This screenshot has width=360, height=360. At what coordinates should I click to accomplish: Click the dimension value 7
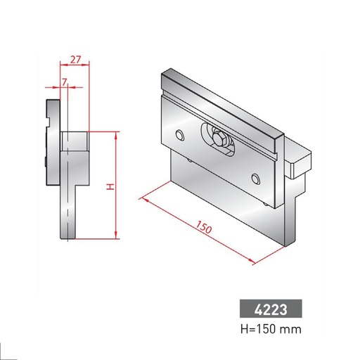[65, 82]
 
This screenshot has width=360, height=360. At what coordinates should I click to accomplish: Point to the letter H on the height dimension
[108, 187]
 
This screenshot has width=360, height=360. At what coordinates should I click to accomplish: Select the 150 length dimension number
[203, 229]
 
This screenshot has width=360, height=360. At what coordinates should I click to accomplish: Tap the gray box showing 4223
[270, 309]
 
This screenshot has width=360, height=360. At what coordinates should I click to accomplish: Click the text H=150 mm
[270, 329]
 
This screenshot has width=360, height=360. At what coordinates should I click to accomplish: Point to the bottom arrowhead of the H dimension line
[114, 236]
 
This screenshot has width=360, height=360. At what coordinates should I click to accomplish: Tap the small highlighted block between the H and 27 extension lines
[75, 141]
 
